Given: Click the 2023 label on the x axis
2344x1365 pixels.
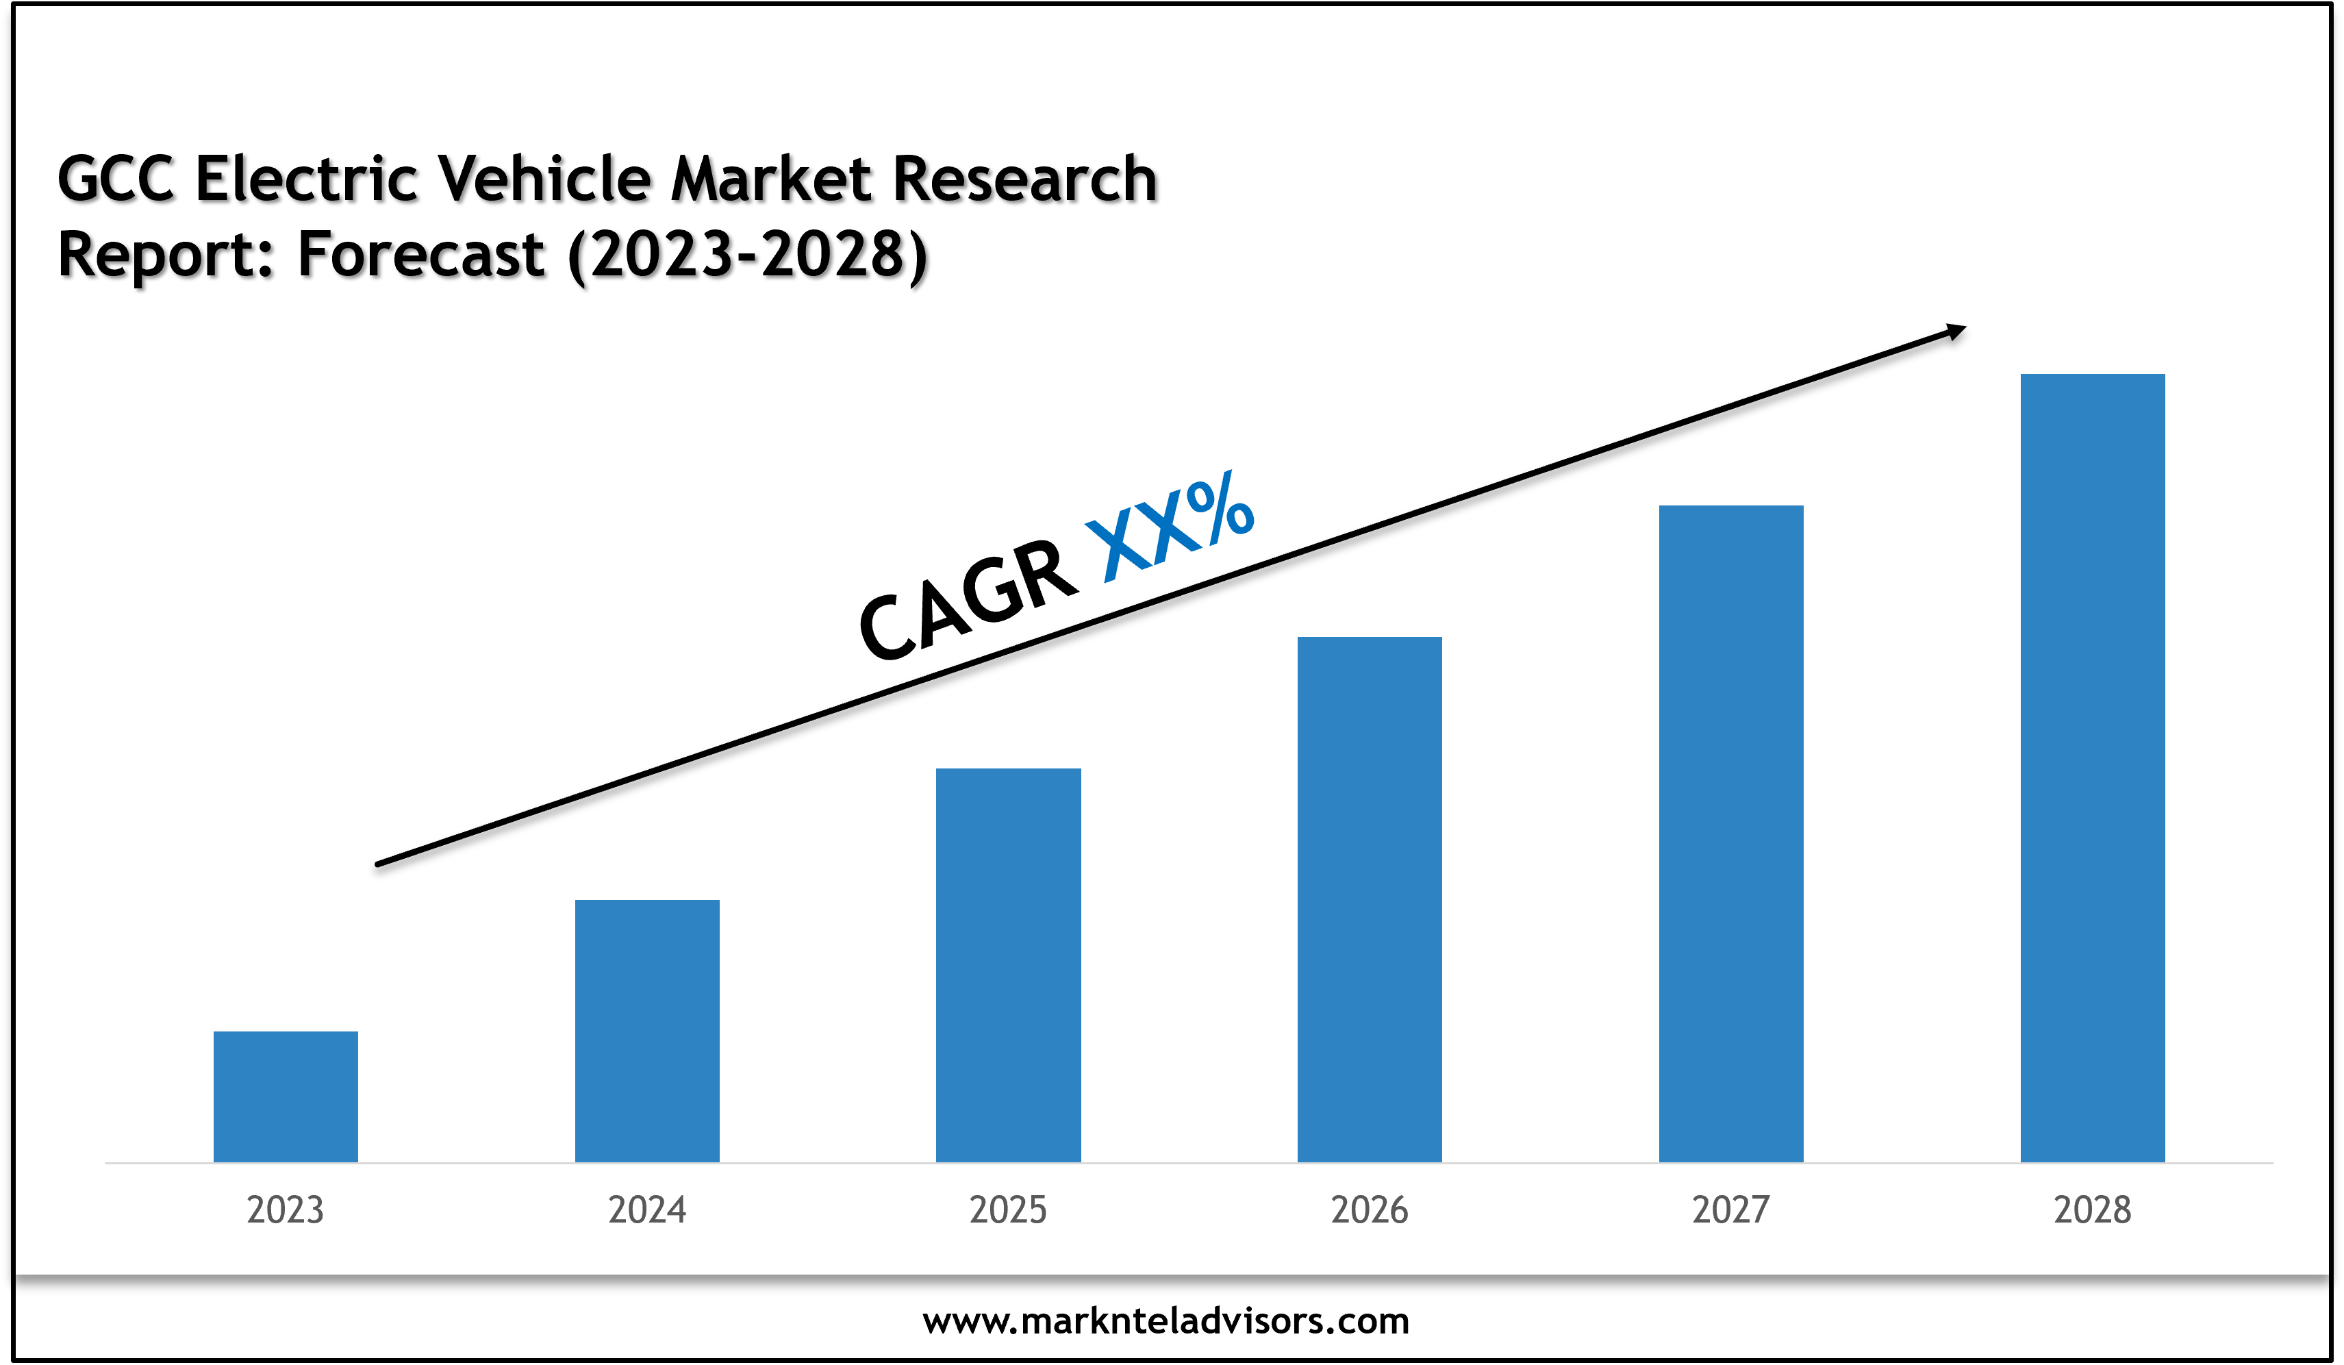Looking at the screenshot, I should pos(286,1210).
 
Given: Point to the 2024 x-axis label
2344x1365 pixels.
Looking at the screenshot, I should pos(646,1210).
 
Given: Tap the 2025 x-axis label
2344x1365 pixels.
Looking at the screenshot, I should pos(1008,1210).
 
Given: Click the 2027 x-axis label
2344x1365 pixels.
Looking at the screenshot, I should pos(1731,1210).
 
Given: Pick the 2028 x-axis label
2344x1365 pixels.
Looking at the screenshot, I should pos(2092,1210).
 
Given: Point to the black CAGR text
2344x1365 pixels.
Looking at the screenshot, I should pos(968,600).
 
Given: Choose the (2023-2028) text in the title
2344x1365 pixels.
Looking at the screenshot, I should pos(747,254).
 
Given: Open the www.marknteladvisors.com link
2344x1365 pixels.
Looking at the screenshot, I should pos(1165,1320).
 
